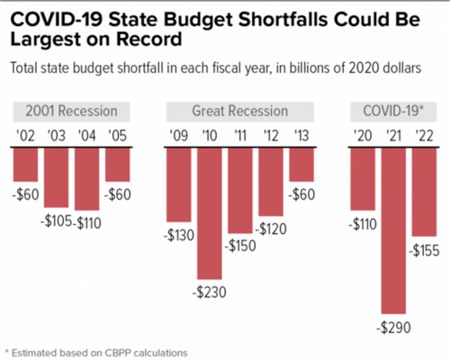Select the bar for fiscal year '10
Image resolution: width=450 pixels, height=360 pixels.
(210, 211)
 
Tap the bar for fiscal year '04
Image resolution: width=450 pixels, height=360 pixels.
(87, 177)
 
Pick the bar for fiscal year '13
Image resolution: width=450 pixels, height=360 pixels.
(301, 163)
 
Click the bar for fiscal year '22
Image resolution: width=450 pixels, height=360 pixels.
(425, 190)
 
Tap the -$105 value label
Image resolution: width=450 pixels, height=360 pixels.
(55, 221)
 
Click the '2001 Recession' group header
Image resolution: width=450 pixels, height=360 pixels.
(71, 112)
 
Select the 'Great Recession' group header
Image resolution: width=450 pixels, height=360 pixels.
(240, 112)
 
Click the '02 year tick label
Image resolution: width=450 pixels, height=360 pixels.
(26, 137)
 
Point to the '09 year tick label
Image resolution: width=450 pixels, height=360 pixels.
(179, 137)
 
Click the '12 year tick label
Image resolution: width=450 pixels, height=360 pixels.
(271, 137)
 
